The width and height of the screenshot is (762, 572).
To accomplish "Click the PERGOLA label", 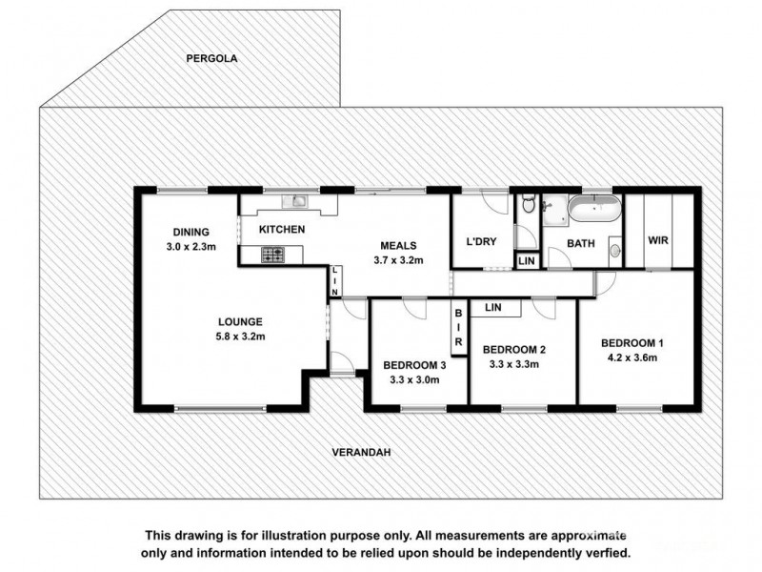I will point(211,58).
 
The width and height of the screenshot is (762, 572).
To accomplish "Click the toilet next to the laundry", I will point(528,206).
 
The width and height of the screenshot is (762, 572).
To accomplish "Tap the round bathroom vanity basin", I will point(613,252).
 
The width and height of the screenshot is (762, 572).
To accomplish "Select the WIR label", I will point(658,241).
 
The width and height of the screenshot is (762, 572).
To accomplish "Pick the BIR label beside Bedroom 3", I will point(458,327).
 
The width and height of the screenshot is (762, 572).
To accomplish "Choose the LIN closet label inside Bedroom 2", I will point(493,308).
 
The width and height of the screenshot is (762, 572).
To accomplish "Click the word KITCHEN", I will point(282,230).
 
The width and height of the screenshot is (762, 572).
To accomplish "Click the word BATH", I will point(581,244).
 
